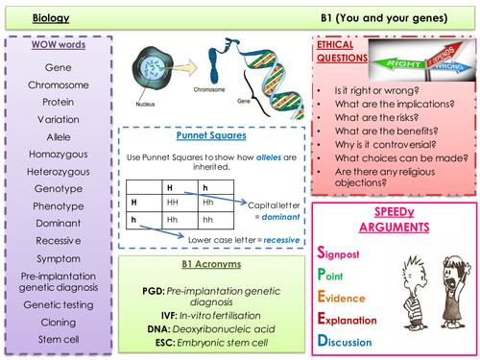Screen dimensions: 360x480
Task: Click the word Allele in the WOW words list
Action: point(60,138)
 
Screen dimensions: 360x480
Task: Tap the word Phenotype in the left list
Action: point(60,206)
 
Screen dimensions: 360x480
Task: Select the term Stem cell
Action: point(60,338)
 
